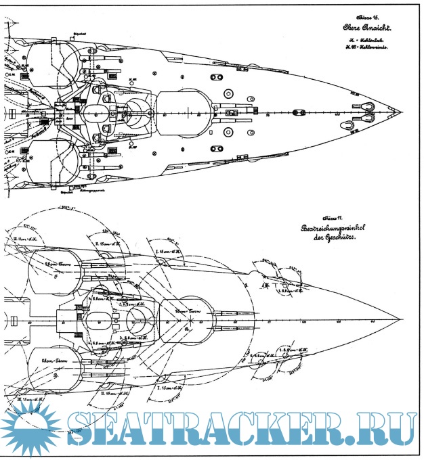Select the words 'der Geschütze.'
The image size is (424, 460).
337,241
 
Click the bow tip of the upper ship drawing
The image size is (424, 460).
404,112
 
